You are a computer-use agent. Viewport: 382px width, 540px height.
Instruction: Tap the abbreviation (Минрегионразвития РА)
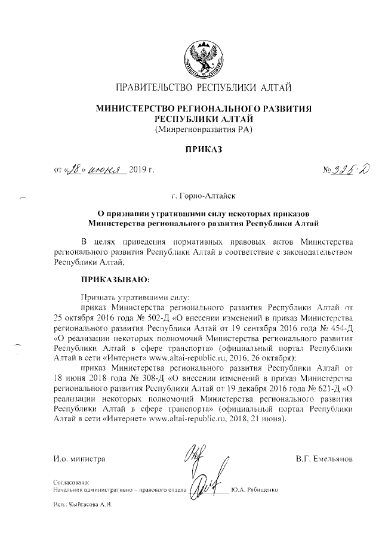pos(204,129)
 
